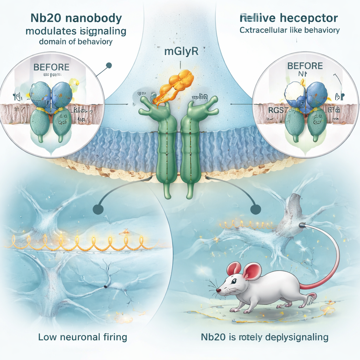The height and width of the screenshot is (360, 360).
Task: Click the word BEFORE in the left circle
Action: (x=51, y=67)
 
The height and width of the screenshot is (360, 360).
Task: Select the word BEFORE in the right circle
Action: (x=305, y=66)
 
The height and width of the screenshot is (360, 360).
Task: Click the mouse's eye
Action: (x=234, y=282)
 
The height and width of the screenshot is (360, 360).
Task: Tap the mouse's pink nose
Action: (x=218, y=291)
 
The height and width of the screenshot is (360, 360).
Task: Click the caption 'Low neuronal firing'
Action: (x=82, y=337)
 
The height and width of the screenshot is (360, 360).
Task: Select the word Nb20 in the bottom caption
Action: (x=211, y=337)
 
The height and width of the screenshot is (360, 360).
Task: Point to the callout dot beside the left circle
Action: (x=109, y=65)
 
